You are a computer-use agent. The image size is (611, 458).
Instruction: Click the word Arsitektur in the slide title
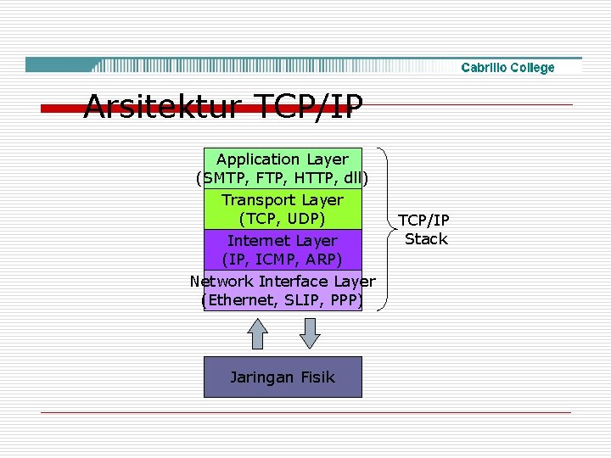tap(162, 108)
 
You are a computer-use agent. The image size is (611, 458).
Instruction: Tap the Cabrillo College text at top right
tap(507, 68)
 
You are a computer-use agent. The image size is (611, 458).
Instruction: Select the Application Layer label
tap(282, 159)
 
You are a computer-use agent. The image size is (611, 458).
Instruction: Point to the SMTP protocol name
tap(224, 179)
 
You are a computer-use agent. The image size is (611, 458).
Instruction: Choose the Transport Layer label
tap(282, 200)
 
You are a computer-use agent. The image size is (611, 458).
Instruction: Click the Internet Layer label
tap(282, 241)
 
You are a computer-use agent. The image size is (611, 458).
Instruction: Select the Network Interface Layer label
tap(282, 282)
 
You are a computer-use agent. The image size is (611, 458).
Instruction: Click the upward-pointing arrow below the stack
tap(257, 332)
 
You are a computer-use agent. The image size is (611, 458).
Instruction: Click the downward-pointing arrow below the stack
tap(311, 332)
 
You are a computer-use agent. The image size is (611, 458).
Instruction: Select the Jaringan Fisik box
tap(283, 377)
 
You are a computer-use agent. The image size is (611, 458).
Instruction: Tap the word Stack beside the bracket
tap(426, 239)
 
